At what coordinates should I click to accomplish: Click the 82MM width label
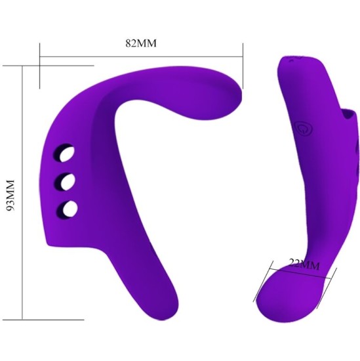142,44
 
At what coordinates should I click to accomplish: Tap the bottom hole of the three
67,209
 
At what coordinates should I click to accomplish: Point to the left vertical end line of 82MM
39,66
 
